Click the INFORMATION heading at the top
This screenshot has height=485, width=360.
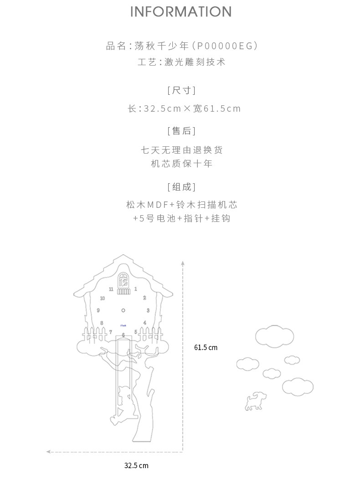[x=181, y=12]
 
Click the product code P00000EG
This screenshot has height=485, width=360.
[x=226, y=46]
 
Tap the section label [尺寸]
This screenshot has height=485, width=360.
[x=181, y=90]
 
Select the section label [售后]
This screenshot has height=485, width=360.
[x=181, y=131]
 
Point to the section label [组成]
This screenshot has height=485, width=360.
[x=181, y=187]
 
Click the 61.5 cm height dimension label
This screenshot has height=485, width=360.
[x=206, y=348]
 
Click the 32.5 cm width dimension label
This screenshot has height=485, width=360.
[x=136, y=466]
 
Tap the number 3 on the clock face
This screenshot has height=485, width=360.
[x=148, y=310]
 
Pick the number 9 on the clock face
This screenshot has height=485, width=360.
[x=98, y=310]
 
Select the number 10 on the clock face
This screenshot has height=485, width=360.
[x=102, y=299]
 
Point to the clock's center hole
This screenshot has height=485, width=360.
[x=123, y=310]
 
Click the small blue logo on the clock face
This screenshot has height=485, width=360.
[x=123, y=325]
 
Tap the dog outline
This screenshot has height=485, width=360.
[x=255, y=401]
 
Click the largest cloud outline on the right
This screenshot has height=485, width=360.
[x=274, y=336]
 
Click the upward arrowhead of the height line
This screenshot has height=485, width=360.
[x=183, y=263]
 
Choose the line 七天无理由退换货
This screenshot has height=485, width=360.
[x=181, y=150]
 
